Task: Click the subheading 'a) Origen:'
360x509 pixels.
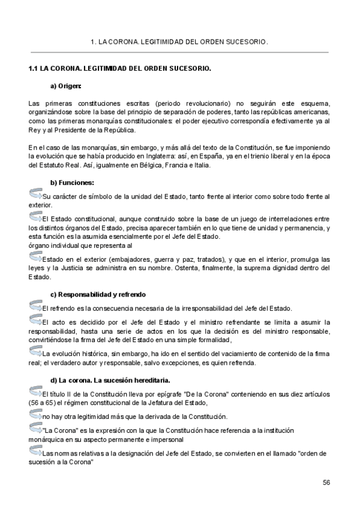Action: [x=66, y=85]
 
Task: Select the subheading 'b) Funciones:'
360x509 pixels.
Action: [x=72, y=182]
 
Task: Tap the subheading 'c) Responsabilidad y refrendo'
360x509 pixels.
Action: [x=98, y=294]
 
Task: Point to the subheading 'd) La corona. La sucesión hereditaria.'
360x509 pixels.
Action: [x=110, y=380]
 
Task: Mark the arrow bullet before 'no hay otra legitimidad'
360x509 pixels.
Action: [x=35, y=414]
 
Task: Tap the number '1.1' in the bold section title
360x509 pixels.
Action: [x=34, y=68]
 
